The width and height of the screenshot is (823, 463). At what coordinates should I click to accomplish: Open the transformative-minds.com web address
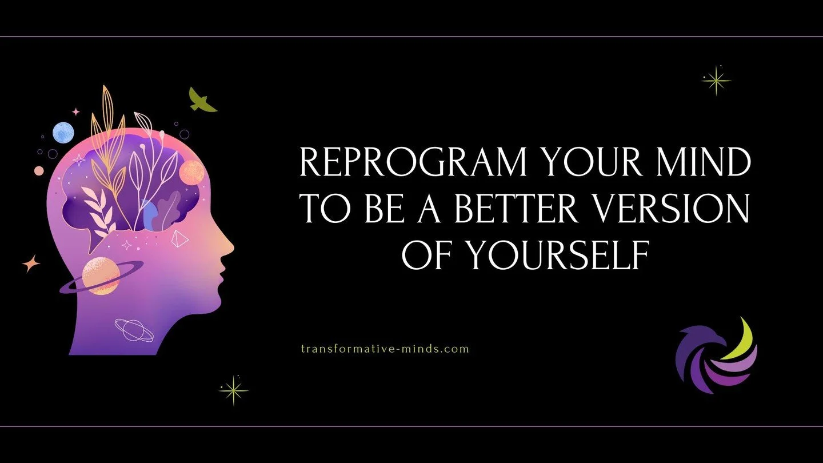pyautogui.click(x=385, y=348)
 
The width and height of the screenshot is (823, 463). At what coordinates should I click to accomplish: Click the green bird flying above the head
pyautogui.click(x=202, y=100)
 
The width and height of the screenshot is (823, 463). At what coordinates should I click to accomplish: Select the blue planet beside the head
pyautogui.click(x=63, y=133)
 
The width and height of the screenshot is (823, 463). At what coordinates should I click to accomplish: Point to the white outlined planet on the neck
pyautogui.click(x=134, y=330)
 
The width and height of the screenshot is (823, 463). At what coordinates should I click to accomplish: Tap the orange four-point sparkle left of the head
pyautogui.click(x=31, y=264)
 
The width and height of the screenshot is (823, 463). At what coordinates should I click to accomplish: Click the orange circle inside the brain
pyautogui.click(x=191, y=172)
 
